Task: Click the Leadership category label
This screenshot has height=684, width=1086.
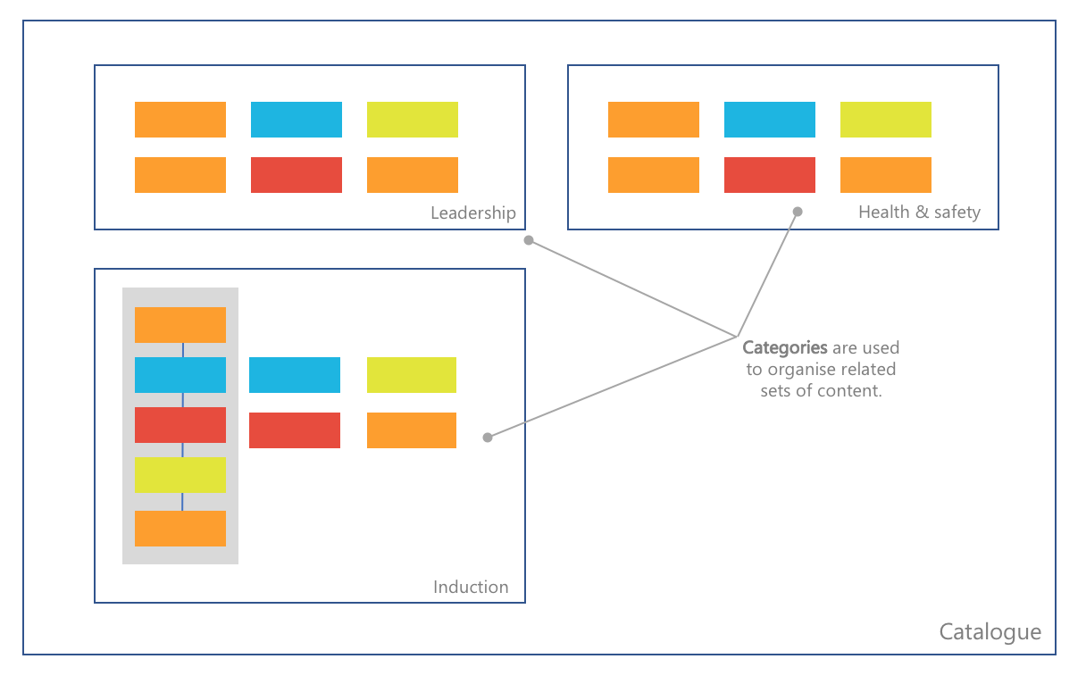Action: tap(472, 213)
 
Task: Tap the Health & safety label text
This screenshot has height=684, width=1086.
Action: tap(919, 212)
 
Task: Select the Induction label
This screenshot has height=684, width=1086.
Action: tap(471, 587)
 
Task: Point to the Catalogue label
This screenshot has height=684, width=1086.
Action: tap(990, 632)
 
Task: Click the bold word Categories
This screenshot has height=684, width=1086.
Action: tap(785, 347)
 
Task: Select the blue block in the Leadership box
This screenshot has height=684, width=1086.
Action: tap(297, 120)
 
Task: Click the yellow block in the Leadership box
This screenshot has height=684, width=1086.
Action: tap(413, 120)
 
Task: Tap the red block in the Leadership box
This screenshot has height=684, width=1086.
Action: tap(297, 175)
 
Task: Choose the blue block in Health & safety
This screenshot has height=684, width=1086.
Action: tap(770, 120)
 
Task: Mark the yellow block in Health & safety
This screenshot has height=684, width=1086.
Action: tap(886, 120)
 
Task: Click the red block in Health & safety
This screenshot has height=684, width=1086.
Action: tap(770, 175)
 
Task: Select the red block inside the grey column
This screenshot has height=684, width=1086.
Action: tap(180, 425)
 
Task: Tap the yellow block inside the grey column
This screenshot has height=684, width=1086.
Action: tap(180, 475)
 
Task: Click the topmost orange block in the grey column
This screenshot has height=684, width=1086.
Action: tap(180, 325)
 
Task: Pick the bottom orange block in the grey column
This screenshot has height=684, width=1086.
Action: tap(180, 529)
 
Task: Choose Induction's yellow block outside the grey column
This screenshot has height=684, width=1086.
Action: tap(412, 375)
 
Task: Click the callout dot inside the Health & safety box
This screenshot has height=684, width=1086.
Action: tap(798, 212)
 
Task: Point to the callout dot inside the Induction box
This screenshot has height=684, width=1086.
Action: tap(488, 438)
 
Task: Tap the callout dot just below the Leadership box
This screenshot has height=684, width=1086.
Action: tap(529, 240)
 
